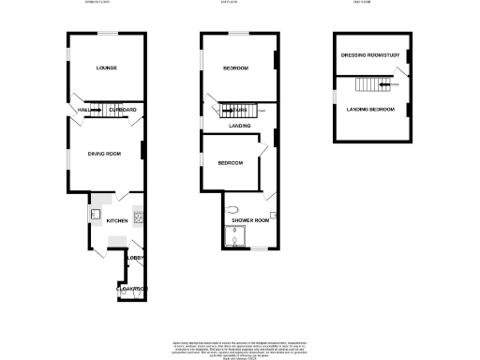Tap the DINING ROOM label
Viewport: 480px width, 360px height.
[105, 153]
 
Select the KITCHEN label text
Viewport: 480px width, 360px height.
[116, 220]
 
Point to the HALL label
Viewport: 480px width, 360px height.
[82, 111]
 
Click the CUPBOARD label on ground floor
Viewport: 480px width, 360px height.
[123, 111]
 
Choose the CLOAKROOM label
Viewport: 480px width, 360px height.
[132, 290]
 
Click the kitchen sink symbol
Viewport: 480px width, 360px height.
[97, 213]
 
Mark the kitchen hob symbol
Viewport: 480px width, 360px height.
[138, 218]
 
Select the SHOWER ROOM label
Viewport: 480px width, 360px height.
[250, 220]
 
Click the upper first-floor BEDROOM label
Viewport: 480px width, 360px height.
[235, 68]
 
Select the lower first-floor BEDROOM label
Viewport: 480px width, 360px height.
[231, 162]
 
